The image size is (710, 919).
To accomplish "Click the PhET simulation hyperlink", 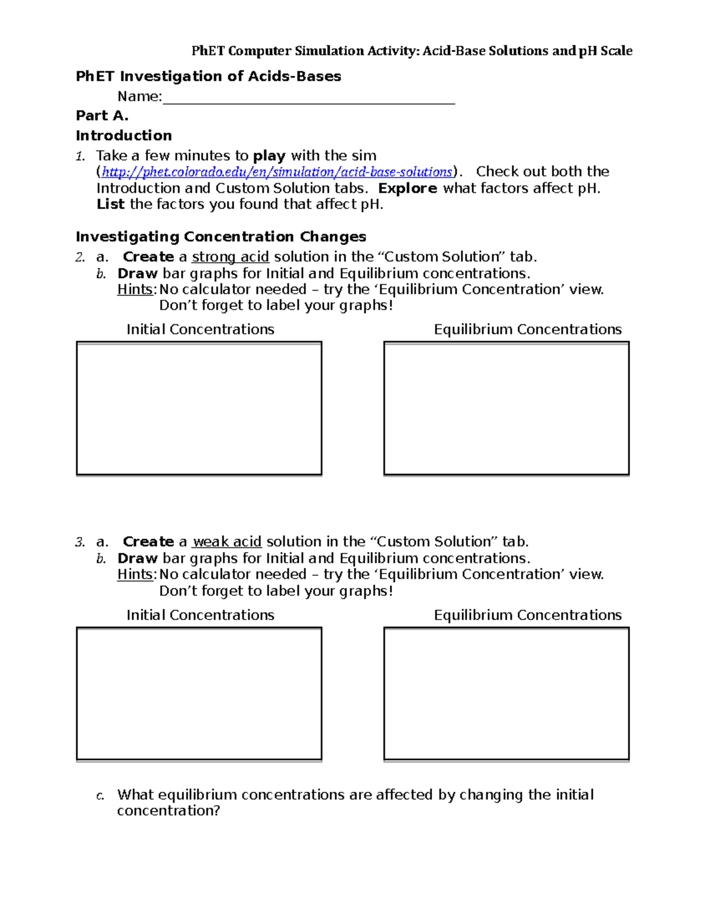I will [277, 172].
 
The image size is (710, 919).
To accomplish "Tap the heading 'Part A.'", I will [102, 116].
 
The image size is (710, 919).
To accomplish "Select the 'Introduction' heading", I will [124, 136].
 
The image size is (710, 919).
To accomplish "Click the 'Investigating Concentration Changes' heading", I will [221, 237].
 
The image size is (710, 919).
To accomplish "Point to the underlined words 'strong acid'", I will [230, 257].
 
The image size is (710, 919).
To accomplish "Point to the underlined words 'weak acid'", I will [227, 542].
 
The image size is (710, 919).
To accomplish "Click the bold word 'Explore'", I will [407, 189].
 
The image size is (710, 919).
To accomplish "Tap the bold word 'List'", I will [110, 205].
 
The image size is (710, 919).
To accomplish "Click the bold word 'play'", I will [269, 156].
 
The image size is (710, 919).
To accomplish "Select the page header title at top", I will [412, 51].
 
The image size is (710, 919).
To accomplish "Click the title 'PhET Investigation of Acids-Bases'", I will [208, 77].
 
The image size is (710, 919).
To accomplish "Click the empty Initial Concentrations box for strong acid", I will [199, 408].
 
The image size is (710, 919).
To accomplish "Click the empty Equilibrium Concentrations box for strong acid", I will [506, 408].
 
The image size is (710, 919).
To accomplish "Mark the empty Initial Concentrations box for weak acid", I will [199, 694].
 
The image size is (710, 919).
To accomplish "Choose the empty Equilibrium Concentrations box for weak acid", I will [506, 694].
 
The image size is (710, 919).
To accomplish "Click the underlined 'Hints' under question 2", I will [135, 290].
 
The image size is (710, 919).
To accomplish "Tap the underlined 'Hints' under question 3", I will [135, 575].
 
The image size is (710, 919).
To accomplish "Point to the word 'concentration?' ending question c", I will [168, 811].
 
